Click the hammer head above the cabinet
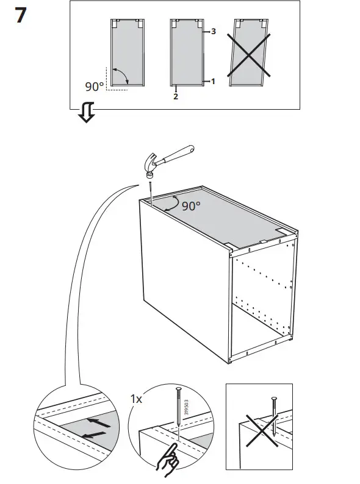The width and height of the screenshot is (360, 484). coord(149,165)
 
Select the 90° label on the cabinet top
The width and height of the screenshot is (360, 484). coord(190,206)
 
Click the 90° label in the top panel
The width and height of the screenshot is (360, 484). coord(94,87)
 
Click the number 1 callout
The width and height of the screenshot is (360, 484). coord(214,80)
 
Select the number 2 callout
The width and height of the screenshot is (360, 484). coord(175,96)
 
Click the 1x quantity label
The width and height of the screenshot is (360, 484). coord(136,399)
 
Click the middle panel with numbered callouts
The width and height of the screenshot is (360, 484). coord(186,54)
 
